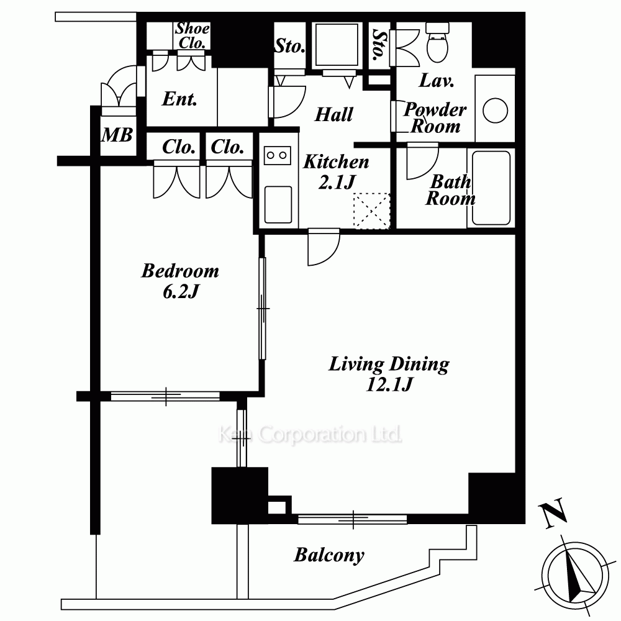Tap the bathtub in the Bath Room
(x=491, y=188)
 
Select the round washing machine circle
(x=495, y=111)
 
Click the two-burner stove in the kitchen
(x=277, y=155)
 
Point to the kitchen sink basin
(x=278, y=204)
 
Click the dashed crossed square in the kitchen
(x=371, y=211)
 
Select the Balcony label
(x=329, y=555)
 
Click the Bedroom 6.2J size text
(x=180, y=292)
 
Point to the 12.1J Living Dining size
(x=389, y=384)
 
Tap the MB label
(x=117, y=135)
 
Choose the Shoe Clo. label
(x=193, y=35)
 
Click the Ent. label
(x=179, y=98)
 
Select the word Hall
(x=333, y=114)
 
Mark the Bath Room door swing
(x=422, y=162)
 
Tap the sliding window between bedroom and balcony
(x=165, y=396)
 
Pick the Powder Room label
(x=435, y=117)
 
